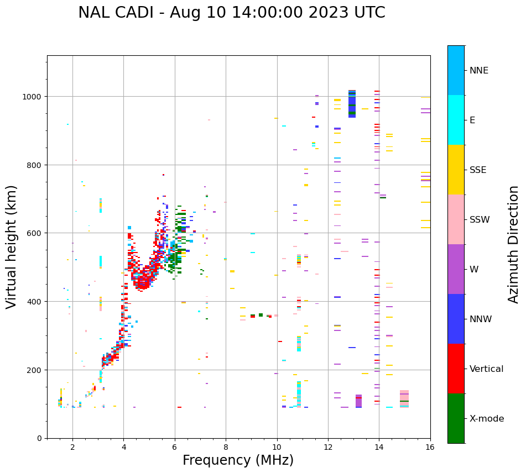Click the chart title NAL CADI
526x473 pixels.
pos(231,13)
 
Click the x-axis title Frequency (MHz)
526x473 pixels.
pos(238,460)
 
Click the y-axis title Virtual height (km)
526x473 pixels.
pos(12,247)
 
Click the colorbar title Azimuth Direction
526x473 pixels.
pos(514,244)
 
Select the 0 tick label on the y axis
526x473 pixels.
pos(39,438)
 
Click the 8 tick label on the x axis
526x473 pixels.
pos(226,448)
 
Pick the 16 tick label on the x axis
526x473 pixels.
pos(430,448)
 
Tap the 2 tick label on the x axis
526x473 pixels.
pos(72,448)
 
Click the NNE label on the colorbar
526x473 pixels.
pos(479,71)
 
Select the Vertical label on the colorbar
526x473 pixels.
pos(486,369)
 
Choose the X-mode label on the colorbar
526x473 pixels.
pos(487,419)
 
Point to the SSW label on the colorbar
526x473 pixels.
pos(480,220)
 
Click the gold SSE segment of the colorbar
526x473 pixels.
pos(456,170)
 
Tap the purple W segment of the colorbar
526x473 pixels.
pos(456,269)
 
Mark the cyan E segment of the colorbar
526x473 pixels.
pos(456,120)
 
